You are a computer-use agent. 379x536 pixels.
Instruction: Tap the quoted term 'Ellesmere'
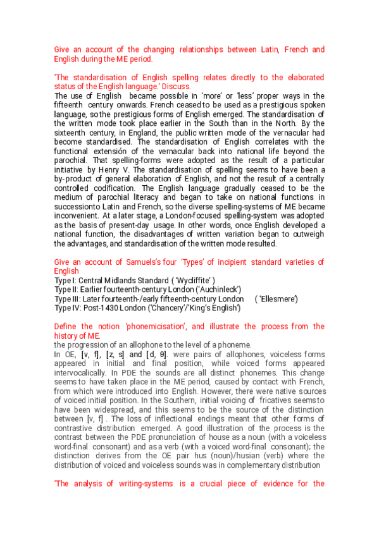coord(276,299)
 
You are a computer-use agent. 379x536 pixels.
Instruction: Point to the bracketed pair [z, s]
coord(117,355)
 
